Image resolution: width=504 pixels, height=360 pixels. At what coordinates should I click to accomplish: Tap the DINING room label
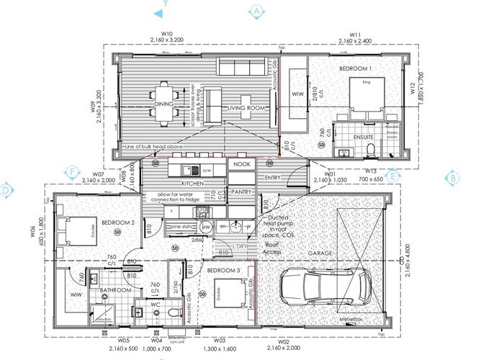point(164,104)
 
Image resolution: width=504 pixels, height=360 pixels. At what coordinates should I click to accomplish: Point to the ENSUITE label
point(363,136)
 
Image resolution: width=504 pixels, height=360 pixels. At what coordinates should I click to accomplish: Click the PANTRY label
point(240,192)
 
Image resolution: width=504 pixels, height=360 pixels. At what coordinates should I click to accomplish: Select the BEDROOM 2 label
point(118,222)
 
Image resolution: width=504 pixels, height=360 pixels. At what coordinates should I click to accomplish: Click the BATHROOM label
point(116,290)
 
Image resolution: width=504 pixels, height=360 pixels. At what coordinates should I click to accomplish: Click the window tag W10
point(168,33)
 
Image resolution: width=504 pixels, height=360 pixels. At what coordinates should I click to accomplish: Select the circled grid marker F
point(71,171)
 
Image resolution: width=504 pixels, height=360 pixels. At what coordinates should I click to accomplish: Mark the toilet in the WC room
point(171,314)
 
